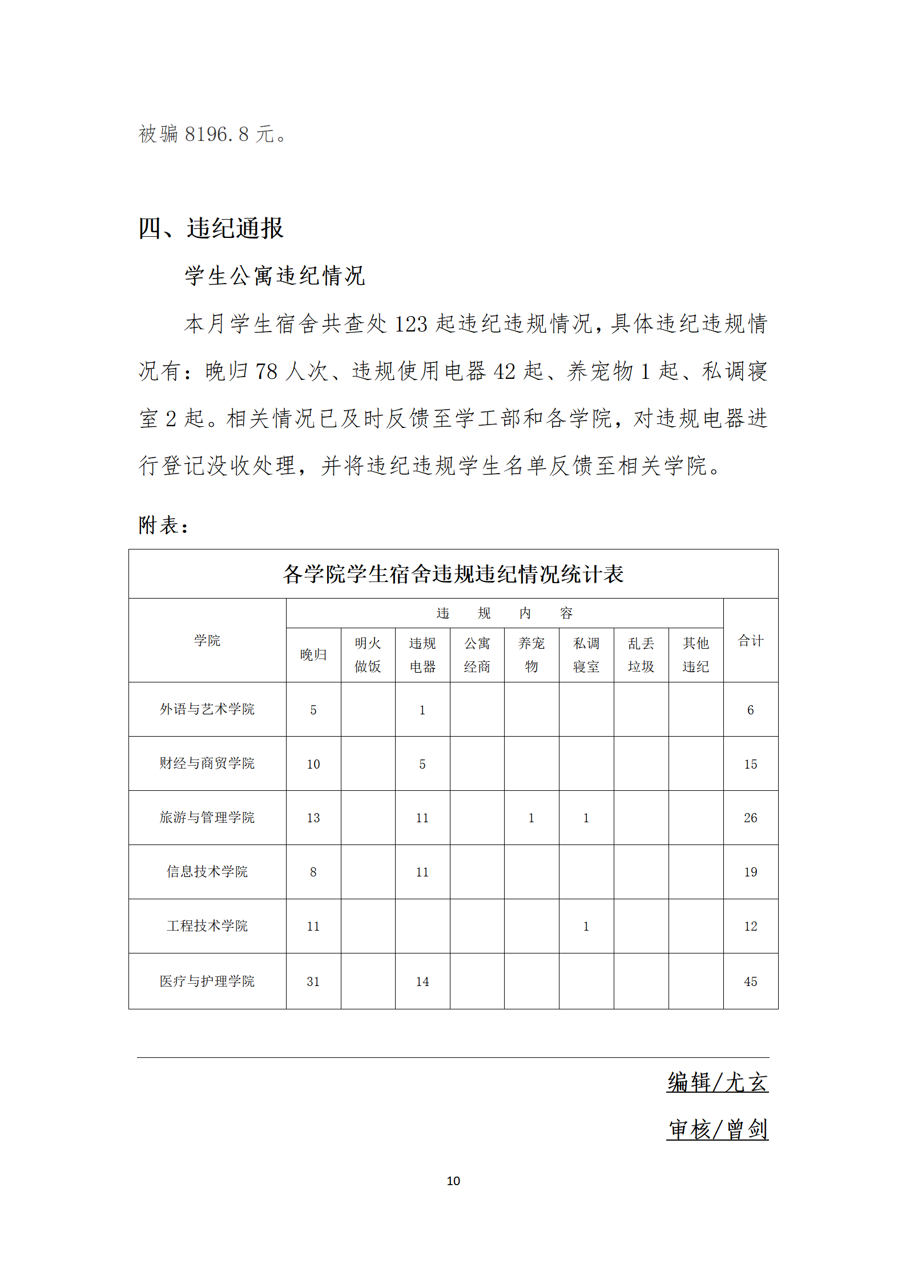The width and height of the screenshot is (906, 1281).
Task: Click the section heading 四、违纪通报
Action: [x=211, y=228]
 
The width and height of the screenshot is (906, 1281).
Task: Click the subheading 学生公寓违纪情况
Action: [x=274, y=276]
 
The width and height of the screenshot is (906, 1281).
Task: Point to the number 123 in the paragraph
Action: [x=410, y=324]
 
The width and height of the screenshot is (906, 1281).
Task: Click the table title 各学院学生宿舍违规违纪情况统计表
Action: [x=453, y=574]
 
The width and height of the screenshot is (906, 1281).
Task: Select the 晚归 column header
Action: [x=313, y=654]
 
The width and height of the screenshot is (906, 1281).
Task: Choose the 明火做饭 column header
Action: [x=368, y=654]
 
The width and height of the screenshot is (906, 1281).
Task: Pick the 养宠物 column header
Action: [x=531, y=654]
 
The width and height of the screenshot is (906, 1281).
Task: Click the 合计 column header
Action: [x=750, y=640]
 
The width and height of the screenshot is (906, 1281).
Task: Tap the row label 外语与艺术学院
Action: [x=207, y=709]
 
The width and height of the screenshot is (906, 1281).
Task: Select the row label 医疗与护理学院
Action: [x=207, y=981]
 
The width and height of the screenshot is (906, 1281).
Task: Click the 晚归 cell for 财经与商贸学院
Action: [x=313, y=764]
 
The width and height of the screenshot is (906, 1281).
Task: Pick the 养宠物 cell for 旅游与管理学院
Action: [x=531, y=818]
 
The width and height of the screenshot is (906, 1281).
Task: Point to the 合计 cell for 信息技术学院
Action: [x=750, y=872]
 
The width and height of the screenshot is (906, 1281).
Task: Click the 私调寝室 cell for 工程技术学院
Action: [x=586, y=926]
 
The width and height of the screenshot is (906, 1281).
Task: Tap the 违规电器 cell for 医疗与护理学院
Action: [x=422, y=981]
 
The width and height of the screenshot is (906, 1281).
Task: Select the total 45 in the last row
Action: [x=750, y=981]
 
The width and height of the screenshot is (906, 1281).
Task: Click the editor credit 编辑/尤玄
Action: [x=717, y=1082]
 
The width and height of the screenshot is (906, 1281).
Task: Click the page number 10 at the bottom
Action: [x=453, y=1181]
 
